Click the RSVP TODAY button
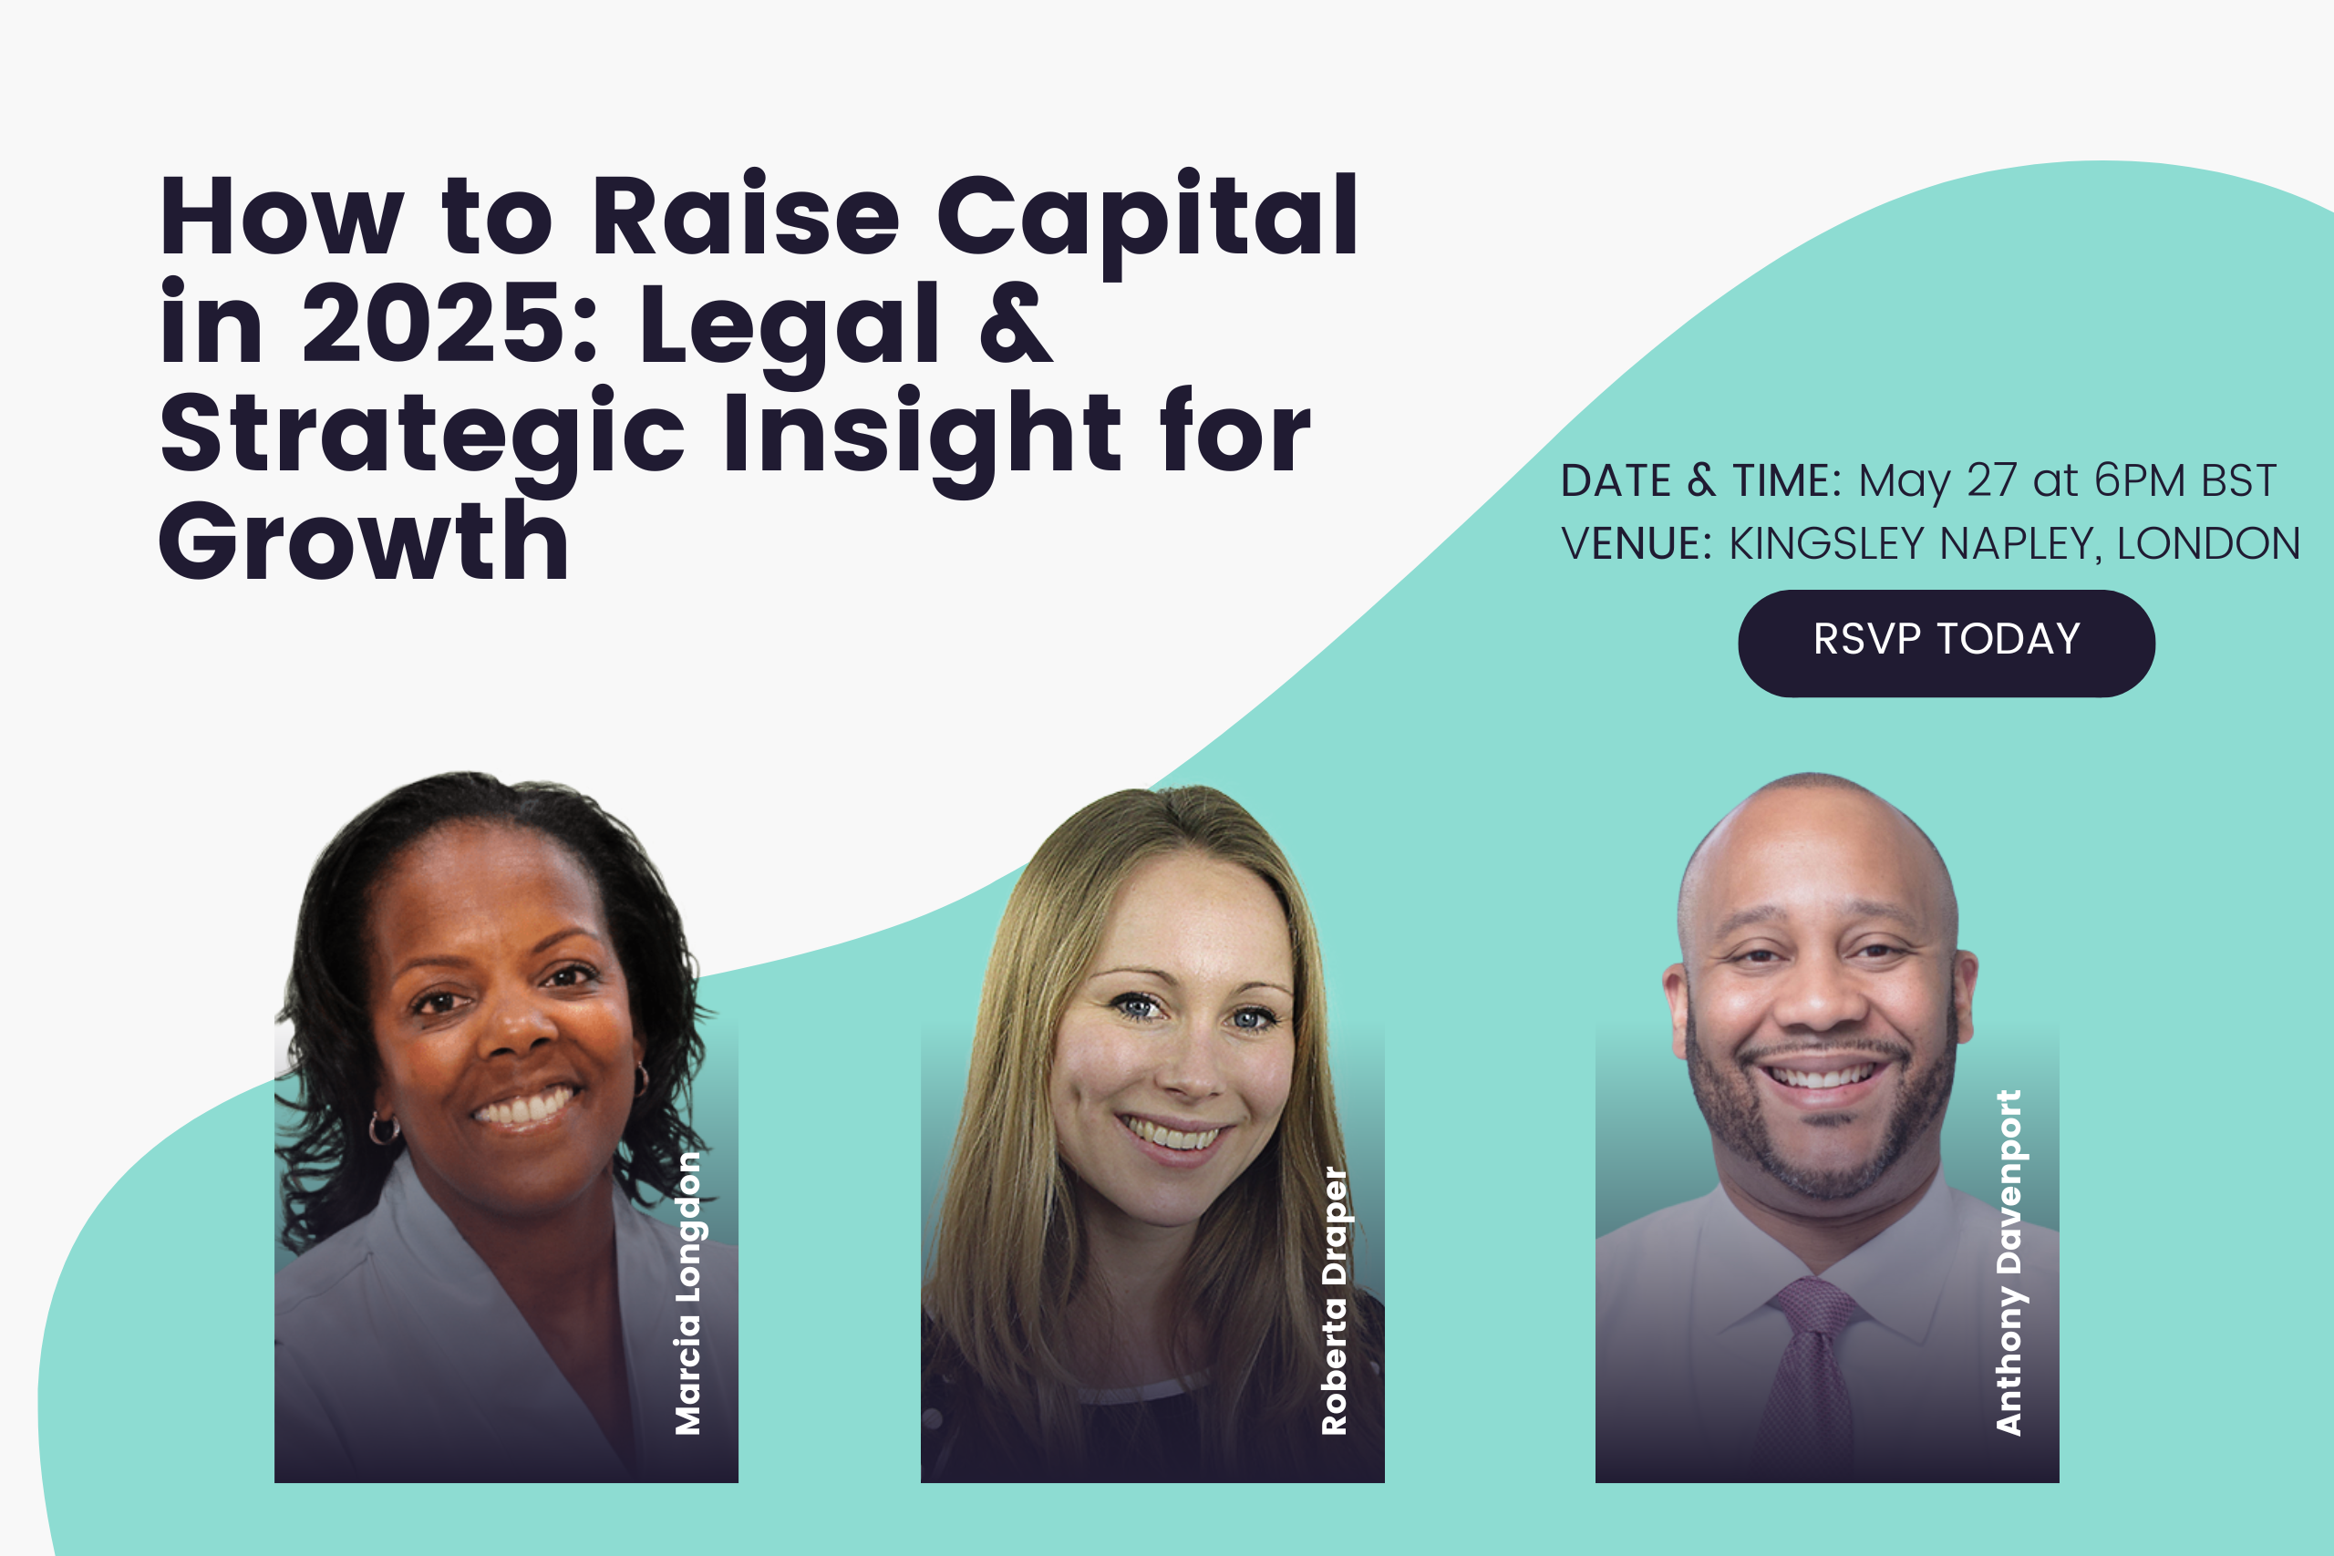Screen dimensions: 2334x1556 click(x=1946, y=643)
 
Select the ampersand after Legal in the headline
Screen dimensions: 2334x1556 click(x=1015, y=323)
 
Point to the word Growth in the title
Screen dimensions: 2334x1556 click(x=364, y=540)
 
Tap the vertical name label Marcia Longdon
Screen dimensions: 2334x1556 click(x=687, y=1293)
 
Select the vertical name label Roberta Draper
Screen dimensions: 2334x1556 click(x=1335, y=1301)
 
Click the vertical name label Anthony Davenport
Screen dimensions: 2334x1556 click(x=2009, y=1262)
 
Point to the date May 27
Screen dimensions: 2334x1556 click(x=1938, y=480)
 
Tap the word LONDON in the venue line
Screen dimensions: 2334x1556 click(x=2208, y=544)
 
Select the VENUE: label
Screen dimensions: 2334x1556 click(x=1637, y=544)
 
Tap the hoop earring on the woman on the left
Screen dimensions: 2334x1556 click(x=383, y=1128)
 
